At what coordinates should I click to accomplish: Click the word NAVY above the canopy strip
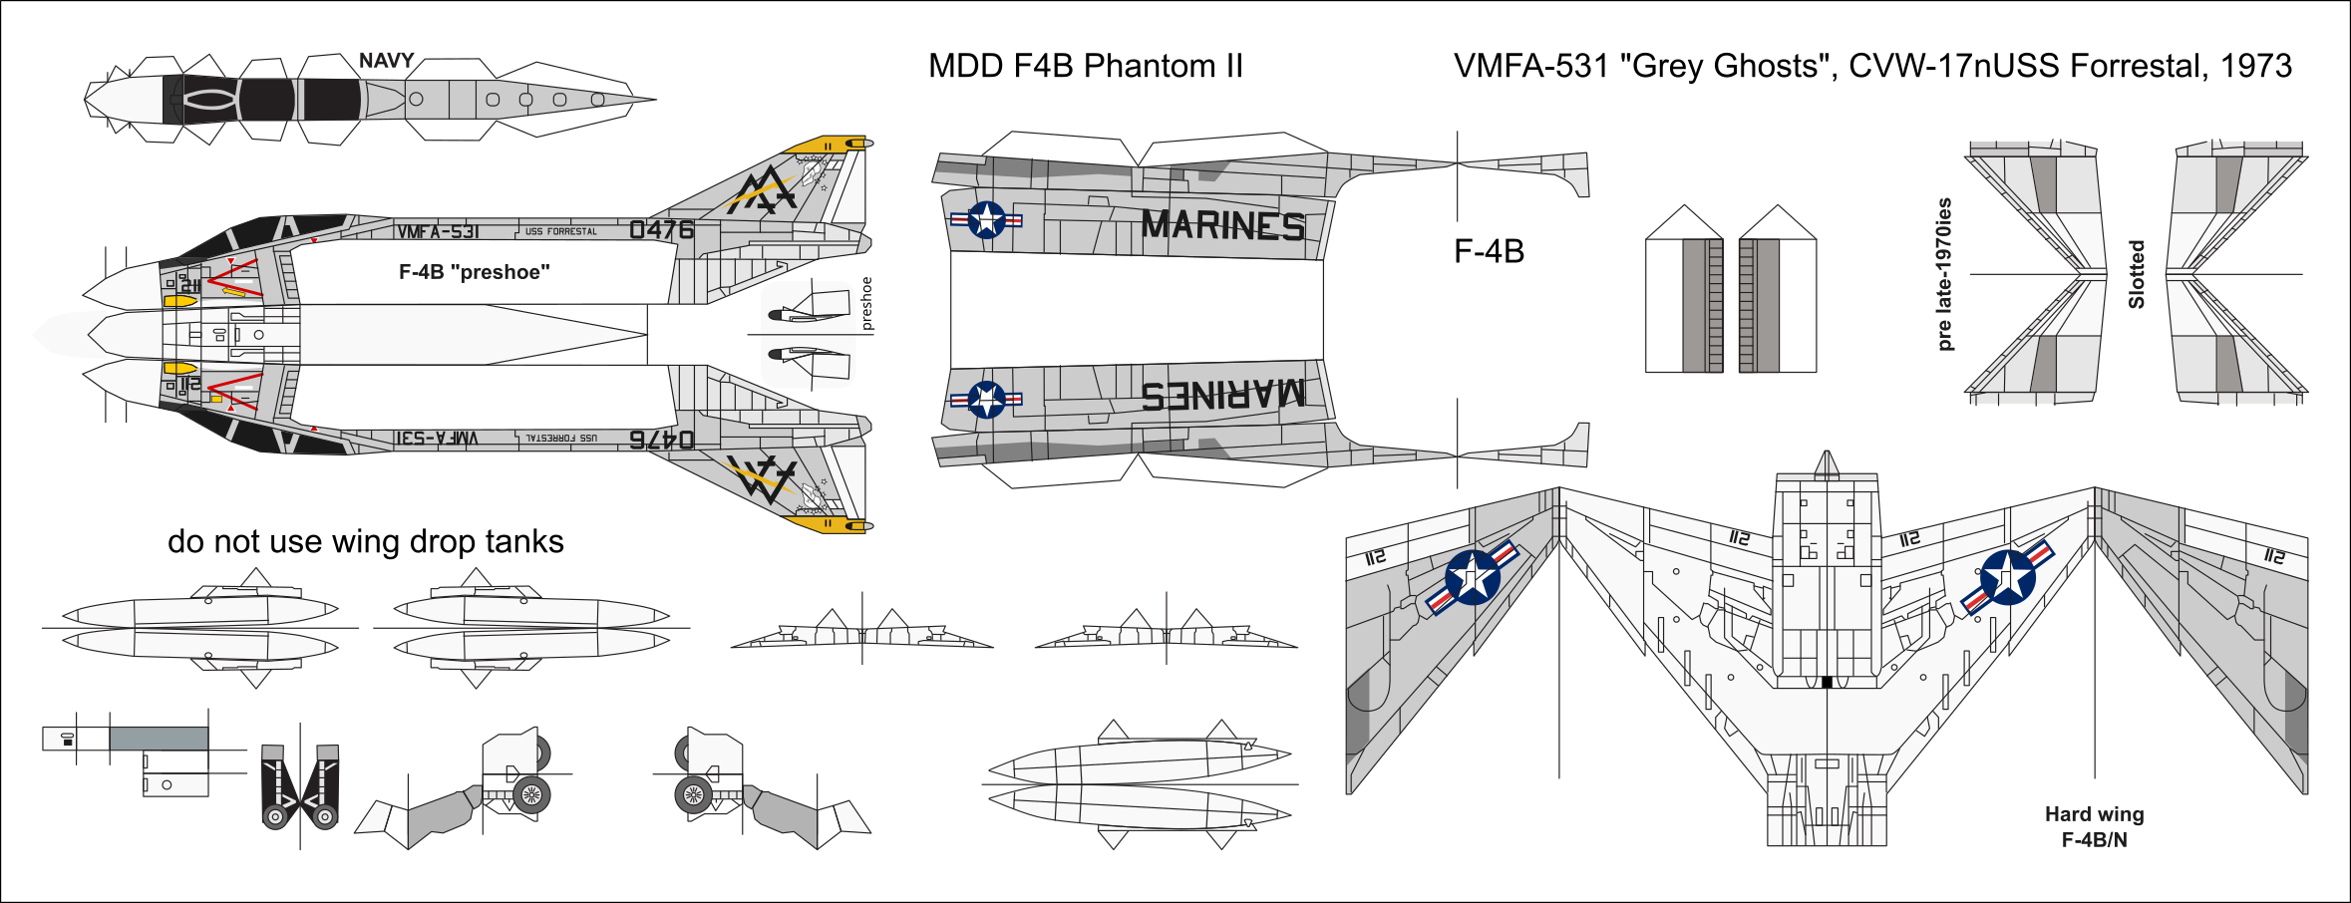click(386, 61)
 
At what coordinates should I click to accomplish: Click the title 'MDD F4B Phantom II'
click(1085, 66)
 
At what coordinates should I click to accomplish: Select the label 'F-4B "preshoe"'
click(474, 272)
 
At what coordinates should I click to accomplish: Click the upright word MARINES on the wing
click(1222, 225)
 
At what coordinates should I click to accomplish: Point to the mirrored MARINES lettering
click(1222, 396)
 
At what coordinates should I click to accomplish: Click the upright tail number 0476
click(661, 230)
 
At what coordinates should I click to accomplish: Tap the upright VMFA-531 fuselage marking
click(438, 232)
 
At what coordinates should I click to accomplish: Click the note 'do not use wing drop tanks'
click(365, 541)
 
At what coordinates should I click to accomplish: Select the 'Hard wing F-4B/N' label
click(2094, 827)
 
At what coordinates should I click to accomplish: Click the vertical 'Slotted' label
click(2136, 274)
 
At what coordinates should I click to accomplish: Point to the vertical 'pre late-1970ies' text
click(1944, 274)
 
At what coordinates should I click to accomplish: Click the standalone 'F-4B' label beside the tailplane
click(1489, 251)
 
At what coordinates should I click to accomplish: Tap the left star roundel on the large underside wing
click(1472, 577)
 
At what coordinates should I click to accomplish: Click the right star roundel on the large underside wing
click(2007, 577)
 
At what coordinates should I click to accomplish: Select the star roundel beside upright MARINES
click(986, 219)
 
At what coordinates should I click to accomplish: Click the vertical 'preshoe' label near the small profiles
click(866, 303)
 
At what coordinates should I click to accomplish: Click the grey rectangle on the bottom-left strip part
click(159, 739)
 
